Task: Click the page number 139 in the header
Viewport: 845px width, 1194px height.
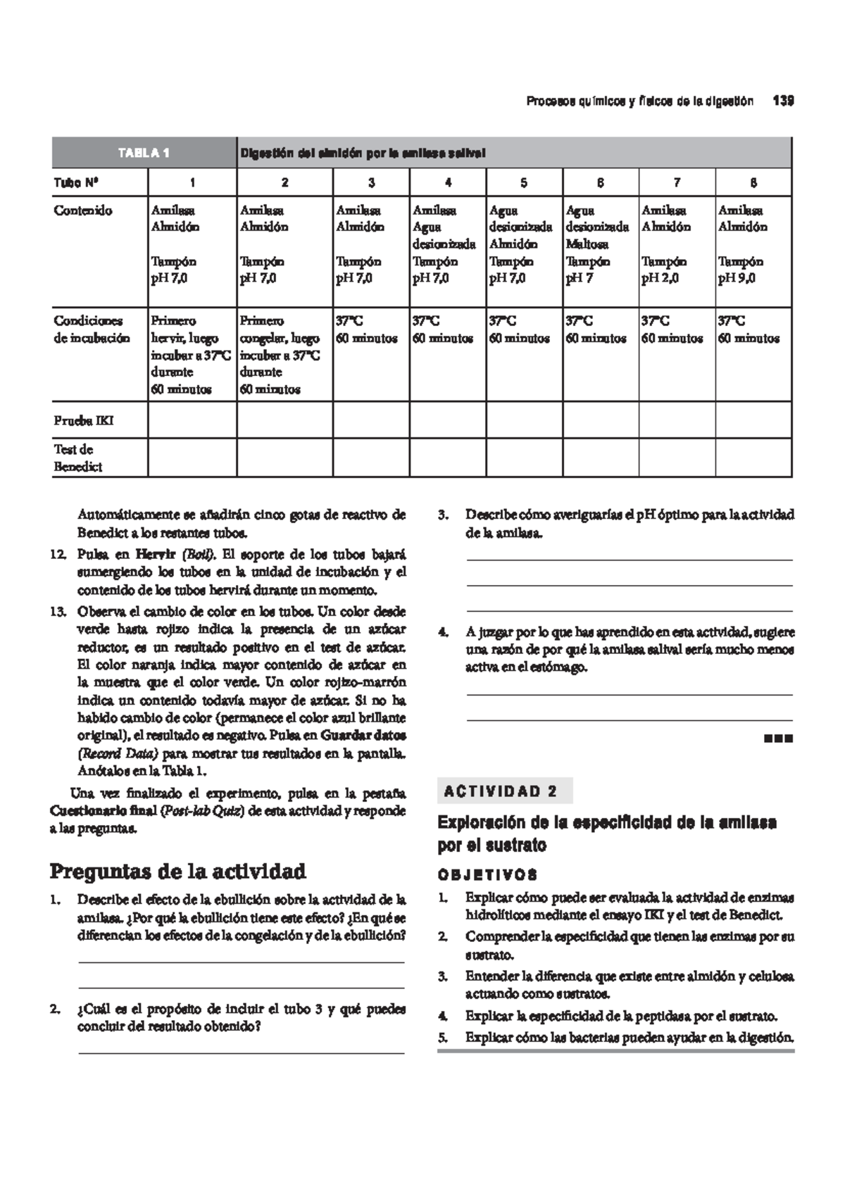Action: pos(783,101)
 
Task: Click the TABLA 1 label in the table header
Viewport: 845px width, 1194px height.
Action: pos(144,153)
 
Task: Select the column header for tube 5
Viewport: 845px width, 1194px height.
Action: pos(523,183)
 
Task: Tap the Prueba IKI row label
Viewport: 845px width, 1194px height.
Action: pos(83,421)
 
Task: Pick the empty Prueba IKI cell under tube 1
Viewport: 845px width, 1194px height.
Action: pos(192,420)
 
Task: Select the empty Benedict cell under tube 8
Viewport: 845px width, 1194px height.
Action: pos(753,458)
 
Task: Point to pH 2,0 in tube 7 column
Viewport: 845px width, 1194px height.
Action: pos(660,279)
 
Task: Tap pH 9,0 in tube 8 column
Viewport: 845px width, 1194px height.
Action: pos(737,279)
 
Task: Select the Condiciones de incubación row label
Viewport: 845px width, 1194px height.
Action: pos(91,329)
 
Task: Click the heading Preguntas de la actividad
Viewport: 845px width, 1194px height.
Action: pos(177,872)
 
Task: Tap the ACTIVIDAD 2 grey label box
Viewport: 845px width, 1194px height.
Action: pos(504,791)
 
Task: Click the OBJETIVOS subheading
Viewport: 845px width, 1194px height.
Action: pos(487,875)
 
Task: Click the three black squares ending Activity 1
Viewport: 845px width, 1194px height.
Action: pos(778,739)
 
